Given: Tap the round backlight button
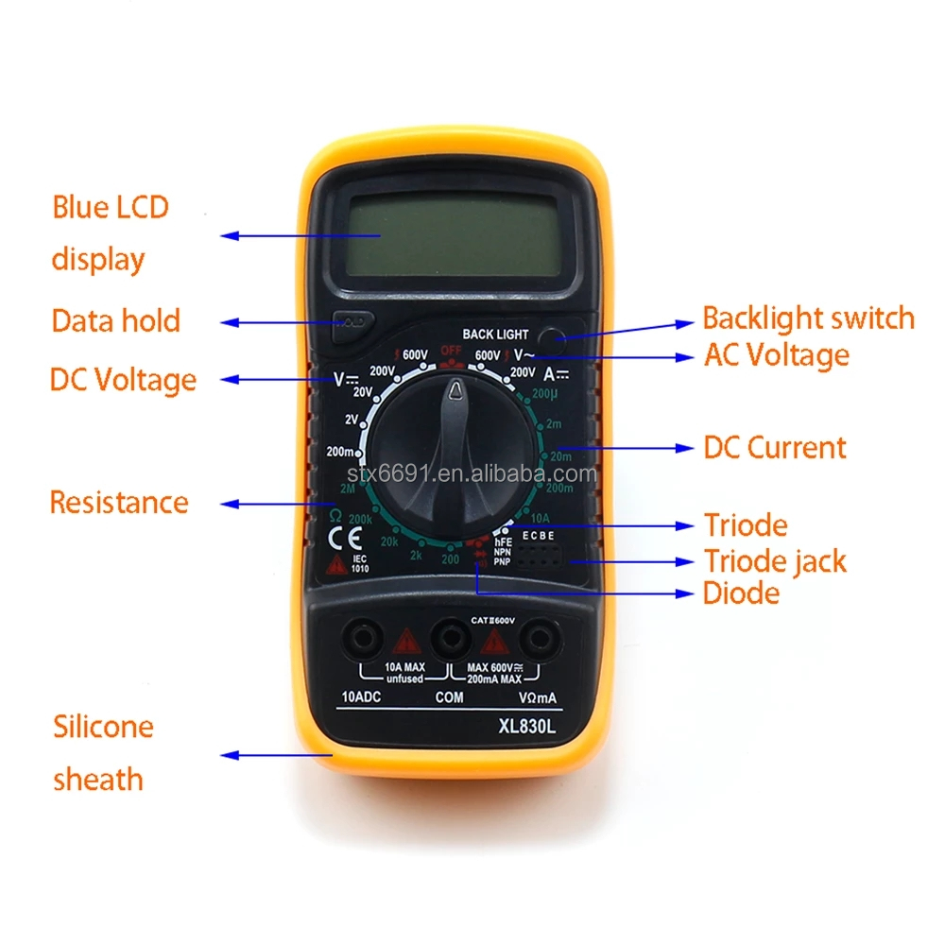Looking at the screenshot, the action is [x=550, y=335].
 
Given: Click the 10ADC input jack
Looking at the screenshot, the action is [x=361, y=639].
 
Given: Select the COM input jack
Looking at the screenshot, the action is [x=449, y=639].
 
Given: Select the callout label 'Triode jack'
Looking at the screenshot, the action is [x=775, y=560].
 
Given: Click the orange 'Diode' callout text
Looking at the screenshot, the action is [x=741, y=593].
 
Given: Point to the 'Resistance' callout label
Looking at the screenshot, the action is [x=119, y=502].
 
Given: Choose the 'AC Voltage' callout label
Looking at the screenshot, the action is [x=777, y=355].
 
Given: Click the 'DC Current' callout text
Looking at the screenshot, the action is [x=775, y=447].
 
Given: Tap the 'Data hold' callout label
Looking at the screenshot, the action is [x=115, y=321].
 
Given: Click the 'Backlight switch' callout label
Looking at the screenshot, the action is [x=808, y=318].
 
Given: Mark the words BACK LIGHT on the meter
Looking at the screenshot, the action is [x=495, y=335].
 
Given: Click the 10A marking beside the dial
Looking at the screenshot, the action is [x=540, y=518].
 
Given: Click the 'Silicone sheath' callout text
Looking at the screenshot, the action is [x=102, y=753].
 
